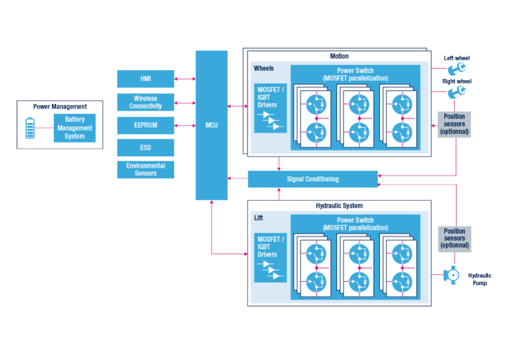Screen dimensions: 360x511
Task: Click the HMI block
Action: pyautogui.click(x=145, y=79)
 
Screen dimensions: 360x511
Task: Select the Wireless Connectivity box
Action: pyautogui.click(x=145, y=102)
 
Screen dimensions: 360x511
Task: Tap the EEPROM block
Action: pyautogui.click(x=145, y=125)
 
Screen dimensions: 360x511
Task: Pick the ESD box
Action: pyautogui.click(x=145, y=147)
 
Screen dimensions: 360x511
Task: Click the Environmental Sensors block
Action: pyautogui.click(x=145, y=170)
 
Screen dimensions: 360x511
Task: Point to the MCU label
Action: pyautogui.click(x=211, y=125)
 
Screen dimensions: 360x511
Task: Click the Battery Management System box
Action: pyautogui.click(x=74, y=128)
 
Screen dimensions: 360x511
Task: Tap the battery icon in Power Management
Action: pyautogui.click(x=30, y=128)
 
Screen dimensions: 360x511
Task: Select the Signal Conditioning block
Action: pyautogui.click(x=312, y=179)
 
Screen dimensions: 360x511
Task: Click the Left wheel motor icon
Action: pyautogui.click(x=456, y=69)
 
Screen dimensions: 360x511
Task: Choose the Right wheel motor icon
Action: pyautogui.click(x=456, y=91)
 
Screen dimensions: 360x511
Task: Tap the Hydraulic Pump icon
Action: pyautogui.click(x=450, y=275)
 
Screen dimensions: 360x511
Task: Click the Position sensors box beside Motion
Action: pyautogui.click(x=454, y=124)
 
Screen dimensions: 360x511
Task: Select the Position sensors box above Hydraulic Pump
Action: pyautogui.click(x=454, y=238)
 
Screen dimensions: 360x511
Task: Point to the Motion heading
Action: pyautogui.click(x=339, y=56)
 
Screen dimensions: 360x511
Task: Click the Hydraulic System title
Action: pyautogui.click(x=339, y=206)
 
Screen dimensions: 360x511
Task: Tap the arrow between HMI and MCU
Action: pyautogui.click(x=185, y=79)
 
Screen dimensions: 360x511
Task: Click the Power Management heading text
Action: pyautogui.click(x=60, y=106)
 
